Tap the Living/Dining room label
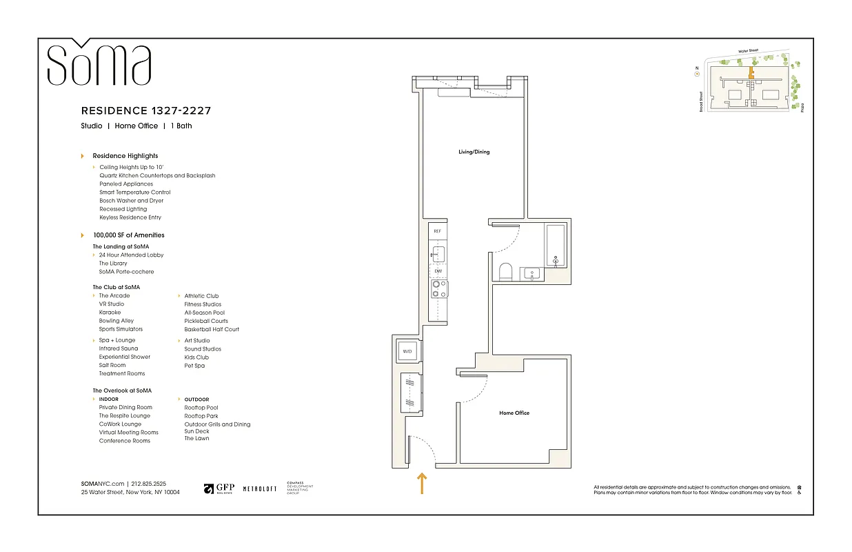474,152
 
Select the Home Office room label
514,413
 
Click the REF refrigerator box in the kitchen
437,232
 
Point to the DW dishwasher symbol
438,271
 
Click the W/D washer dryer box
407,352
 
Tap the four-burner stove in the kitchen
438,289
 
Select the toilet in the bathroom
505,272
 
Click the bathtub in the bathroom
556,245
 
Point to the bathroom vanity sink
531,274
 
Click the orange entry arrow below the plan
421,483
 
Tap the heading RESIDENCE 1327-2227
146,110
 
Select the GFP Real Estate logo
219,489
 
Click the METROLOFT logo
260,489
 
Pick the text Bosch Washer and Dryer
131,201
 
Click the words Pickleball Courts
205,321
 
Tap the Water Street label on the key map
747,50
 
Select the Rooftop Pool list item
201,408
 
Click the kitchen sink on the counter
438,253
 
